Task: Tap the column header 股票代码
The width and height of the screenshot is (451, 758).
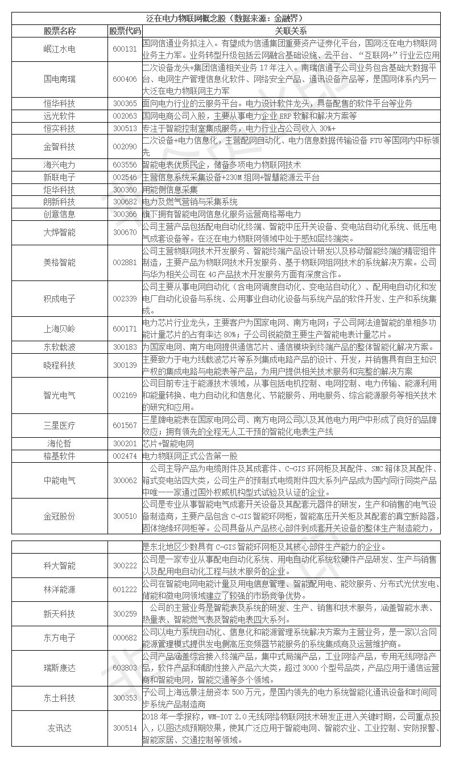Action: [x=125, y=31]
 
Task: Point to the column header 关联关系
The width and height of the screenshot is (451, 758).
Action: [x=291, y=31]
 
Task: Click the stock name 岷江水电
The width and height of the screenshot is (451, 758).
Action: [x=59, y=49]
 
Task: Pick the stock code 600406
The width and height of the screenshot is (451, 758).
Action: [x=125, y=79]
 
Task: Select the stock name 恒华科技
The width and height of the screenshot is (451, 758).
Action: [x=59, y=104]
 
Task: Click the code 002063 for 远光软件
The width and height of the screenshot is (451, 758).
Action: [x=125, y=116]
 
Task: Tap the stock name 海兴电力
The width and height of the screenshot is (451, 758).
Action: [x=59, y=165]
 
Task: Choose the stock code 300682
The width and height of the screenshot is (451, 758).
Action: [x=125, y=202]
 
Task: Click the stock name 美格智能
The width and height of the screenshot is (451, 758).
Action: [x=59, y=262]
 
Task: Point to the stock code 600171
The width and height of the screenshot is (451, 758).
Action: [x=125, y=329]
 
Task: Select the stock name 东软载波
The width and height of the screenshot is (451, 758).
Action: [x=59, y=347]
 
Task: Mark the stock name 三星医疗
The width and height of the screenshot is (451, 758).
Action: [x=59, y=425]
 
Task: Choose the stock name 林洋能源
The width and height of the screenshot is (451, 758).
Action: [x=59, y=589]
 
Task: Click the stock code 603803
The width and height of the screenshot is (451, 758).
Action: [x=125, y=667]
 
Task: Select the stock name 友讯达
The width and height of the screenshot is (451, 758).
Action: [x=59, y=728]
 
